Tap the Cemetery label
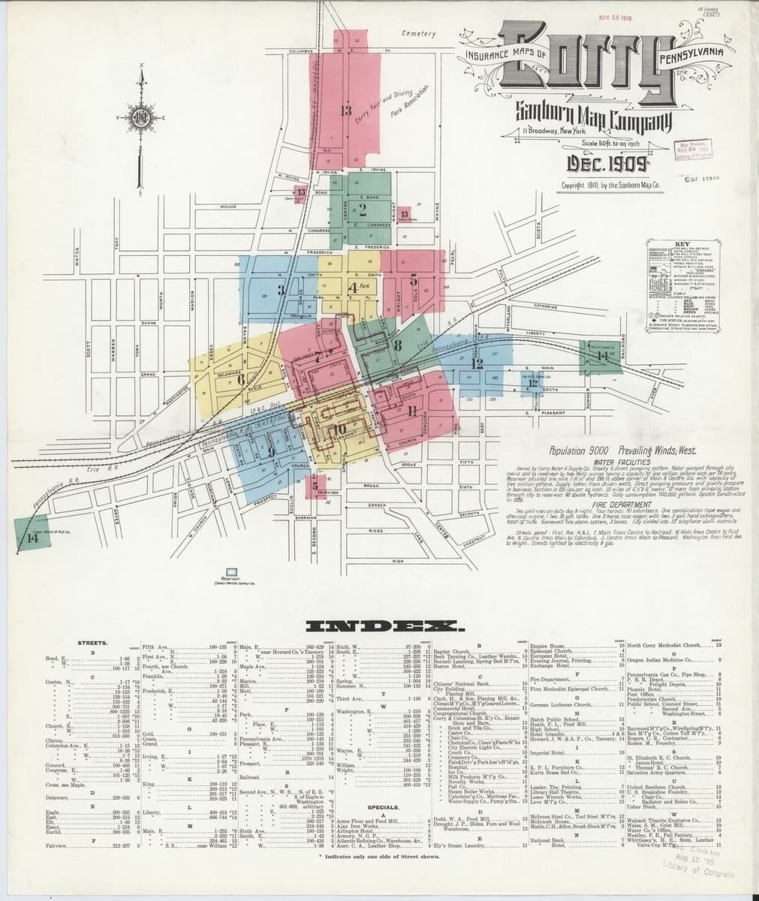[x=419, y=34]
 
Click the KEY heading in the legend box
[x=683, y=244]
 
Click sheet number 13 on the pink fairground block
[x=345, y=112]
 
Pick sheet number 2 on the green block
[x=363, y=209]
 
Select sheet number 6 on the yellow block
[x=241, y=379]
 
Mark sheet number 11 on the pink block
[x=412, y=410]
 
